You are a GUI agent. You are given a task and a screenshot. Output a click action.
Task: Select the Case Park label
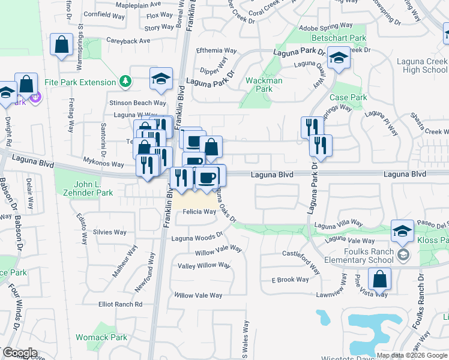tap(348, 97)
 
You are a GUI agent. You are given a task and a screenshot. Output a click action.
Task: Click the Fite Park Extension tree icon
tap(125, 80)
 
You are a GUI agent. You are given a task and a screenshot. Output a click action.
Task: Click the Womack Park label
tap(101, 337)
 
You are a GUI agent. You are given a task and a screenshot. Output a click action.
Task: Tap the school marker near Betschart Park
tap(339, 59)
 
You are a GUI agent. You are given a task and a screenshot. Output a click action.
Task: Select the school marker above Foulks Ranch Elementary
tap(402, 230)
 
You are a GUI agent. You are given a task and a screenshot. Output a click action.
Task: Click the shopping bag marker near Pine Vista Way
tap(379, 279)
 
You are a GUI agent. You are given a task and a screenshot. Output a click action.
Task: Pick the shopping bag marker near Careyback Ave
tap(62, 44)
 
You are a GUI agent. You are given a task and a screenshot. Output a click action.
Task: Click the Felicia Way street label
tap(199, 212)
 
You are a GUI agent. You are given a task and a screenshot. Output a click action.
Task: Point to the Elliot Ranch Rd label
tap(121, 304)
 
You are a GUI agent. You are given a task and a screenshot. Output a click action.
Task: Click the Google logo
tap(20, 353)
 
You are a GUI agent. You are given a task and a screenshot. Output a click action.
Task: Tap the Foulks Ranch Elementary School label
tap(357, 256)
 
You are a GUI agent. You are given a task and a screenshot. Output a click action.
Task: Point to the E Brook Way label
tap(290, 280)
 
